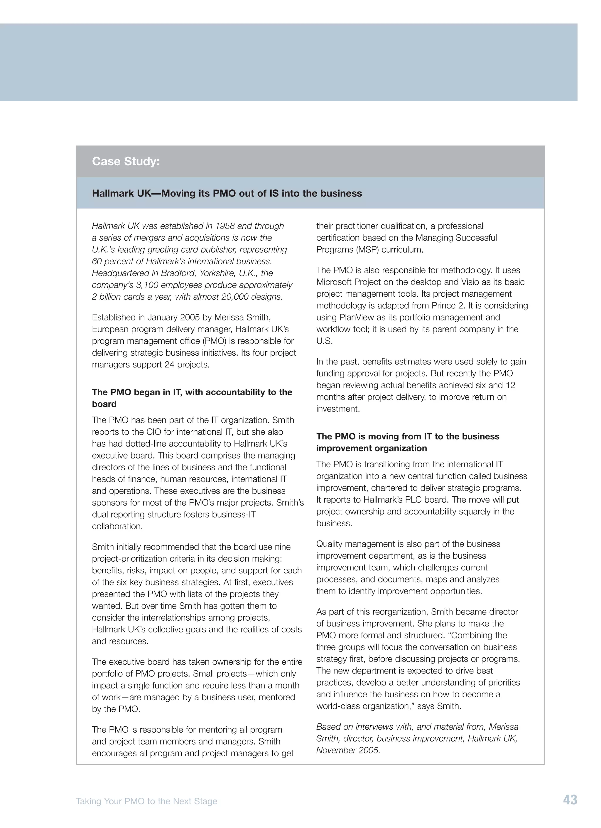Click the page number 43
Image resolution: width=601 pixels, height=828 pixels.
(x=570, y=800)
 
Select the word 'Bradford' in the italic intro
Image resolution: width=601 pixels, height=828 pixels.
(x=176, y=273)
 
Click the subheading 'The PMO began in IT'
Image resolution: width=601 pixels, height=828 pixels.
(x=192, y=392)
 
